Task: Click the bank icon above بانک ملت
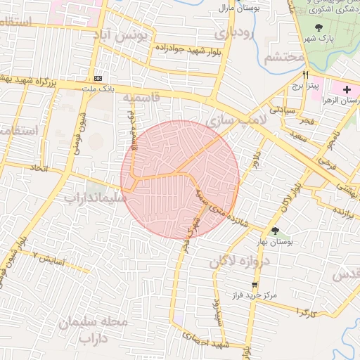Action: coord(98,78)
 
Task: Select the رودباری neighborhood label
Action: coord(232,32)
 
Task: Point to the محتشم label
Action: coord(284,56)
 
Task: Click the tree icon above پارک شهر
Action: coord(321,28)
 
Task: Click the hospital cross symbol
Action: coord(346,90)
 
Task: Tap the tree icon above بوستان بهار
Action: coord(275,231)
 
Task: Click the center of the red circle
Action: coord(180,180)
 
